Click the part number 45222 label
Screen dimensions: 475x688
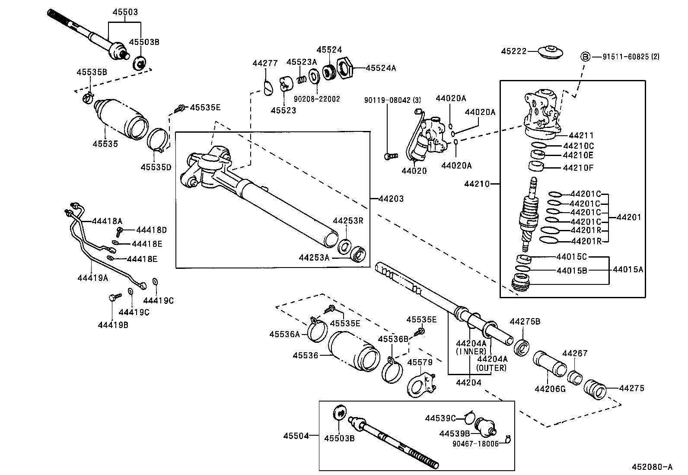[x=513, y=51]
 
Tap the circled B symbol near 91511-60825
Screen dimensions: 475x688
[x=585, y=57]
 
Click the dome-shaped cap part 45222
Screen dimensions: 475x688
[x=552, y=53]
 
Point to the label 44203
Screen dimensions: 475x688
[x=391, y=199]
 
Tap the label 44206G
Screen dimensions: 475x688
[x=550, y=389]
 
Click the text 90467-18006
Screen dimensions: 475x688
[x=475, y=443]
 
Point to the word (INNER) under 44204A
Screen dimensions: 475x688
[x=471, y=351]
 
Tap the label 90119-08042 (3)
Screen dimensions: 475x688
[x=392, y=100]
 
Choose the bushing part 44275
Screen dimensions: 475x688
[x=594, y=389]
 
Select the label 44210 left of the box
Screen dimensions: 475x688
[x=477, y=184]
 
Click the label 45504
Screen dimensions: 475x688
[x=296, y=436]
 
